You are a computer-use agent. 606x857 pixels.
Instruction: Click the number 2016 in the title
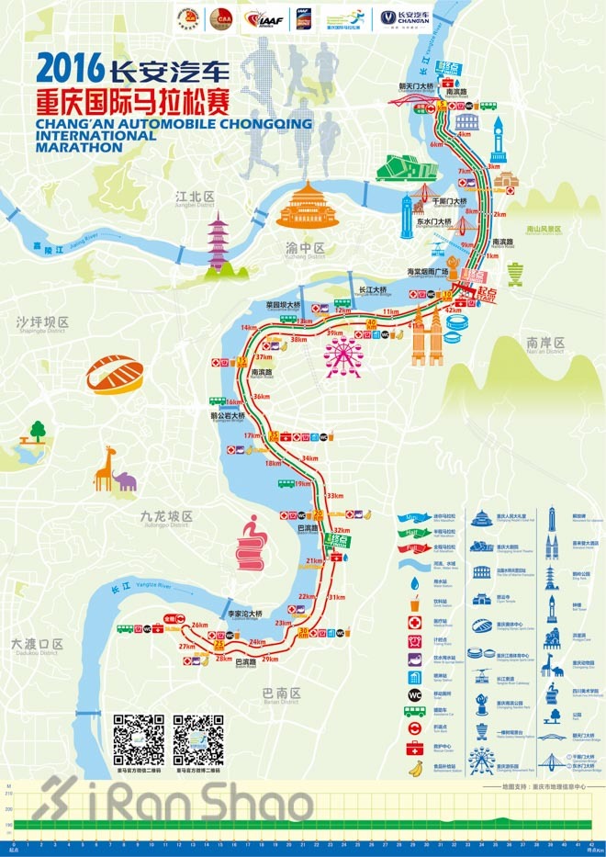point(69,68)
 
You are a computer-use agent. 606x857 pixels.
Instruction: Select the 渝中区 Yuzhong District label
point(305,249)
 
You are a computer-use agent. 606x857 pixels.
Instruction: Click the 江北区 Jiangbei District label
point(195,197)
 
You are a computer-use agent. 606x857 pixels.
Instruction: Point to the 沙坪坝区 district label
point(42,322)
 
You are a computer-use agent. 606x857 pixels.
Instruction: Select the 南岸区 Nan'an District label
point(545,344)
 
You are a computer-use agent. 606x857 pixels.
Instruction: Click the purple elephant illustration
point(126,480)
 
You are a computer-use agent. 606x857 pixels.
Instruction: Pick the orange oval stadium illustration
point(115,376)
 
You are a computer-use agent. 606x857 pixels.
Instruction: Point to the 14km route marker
point(248,328)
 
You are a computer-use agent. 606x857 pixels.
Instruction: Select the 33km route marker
point(334,496)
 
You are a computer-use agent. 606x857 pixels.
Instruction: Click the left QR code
point(138,739)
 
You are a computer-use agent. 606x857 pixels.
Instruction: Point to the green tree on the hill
point(38,429)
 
